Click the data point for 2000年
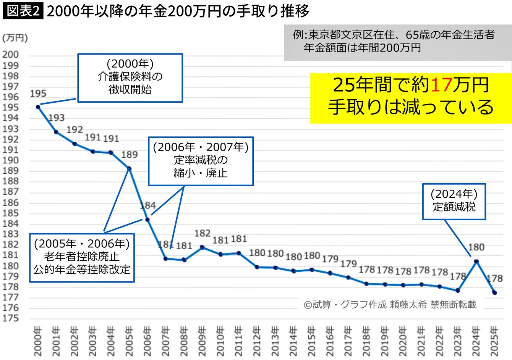[38, 107]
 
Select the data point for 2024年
[476, 262]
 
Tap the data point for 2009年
[203, 247]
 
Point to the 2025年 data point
[494, 292]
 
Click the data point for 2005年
[129, 168]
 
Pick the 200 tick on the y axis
[10, 55]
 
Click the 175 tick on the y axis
[10, 318]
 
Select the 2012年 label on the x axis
[258, 339]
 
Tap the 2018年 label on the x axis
[367, 339]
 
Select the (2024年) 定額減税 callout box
[454, 201]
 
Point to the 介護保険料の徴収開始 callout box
[130, 77]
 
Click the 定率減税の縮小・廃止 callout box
[201, 161]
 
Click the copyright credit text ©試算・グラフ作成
[390, 304]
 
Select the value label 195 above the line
[38, 94]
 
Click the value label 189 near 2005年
[129, 155]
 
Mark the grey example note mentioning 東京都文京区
[397, 42]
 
